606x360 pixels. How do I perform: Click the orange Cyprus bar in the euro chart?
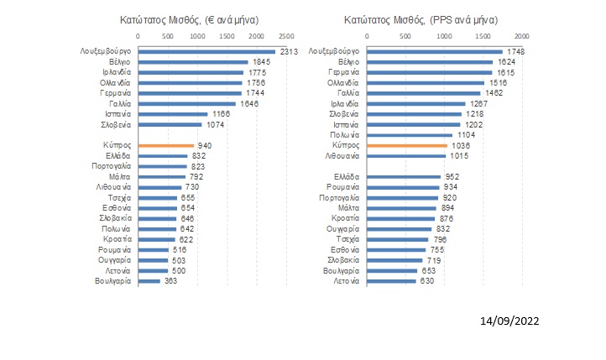[166, 145]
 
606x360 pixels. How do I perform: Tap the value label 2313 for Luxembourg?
[289, 52]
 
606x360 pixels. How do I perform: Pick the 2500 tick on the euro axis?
[286, 35]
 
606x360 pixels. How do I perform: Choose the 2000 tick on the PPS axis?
[521, 35]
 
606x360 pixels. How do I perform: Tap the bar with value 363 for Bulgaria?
[149, 280]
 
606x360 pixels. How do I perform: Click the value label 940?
[204, 145]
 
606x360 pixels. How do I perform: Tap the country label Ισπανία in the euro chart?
[113, 114]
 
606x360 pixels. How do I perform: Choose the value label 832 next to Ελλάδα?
[199, 156]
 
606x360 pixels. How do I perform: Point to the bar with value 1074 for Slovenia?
[170, 124]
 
